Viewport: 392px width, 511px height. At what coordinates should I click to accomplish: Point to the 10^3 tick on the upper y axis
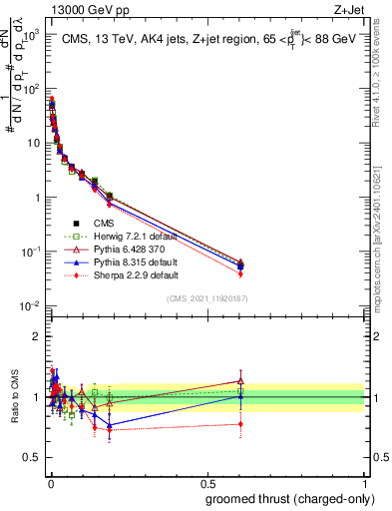(30, 34)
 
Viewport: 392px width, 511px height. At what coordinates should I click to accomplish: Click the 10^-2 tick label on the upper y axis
(30, 305)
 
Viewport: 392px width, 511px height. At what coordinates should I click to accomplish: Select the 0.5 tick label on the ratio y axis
(30, 457)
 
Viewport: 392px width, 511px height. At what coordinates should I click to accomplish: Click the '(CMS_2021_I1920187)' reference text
(206, 297)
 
